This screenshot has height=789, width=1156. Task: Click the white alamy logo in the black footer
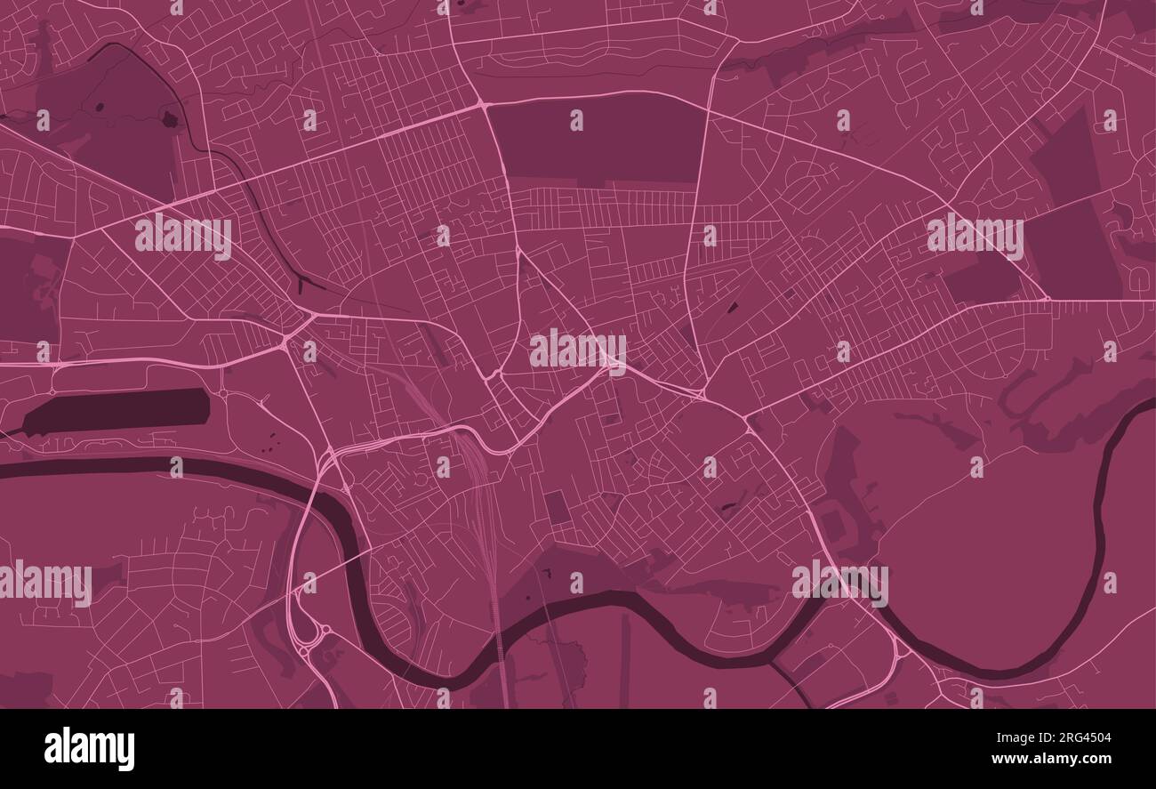(89, 749)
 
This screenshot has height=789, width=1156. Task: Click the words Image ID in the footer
(1000, 737)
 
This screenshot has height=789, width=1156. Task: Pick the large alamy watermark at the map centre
(578, 349)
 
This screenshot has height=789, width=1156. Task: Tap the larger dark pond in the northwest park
(169, 117)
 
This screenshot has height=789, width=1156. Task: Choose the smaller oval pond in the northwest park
(99, 108)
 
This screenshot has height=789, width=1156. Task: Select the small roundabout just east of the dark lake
(222, 393)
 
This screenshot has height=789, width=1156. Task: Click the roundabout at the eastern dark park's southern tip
(1047, 298)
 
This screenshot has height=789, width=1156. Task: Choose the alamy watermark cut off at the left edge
(44, 583)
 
